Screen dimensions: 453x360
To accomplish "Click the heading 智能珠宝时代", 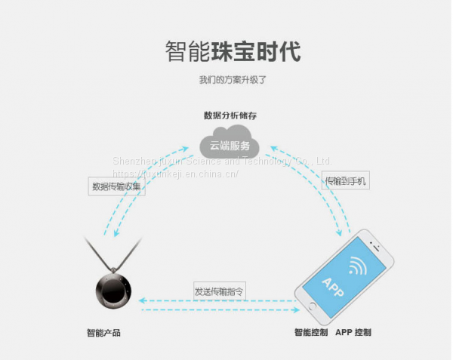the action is tap(233, 52).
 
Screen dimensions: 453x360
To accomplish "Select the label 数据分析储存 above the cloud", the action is tap(230, 115).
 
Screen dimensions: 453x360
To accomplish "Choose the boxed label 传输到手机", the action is tap(346, 180).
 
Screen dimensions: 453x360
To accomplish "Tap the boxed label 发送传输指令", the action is tap(219, 290).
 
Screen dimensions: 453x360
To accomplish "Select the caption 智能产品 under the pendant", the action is tap(103, 333).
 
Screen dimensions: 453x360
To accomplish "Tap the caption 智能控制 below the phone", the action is tap(311, 333).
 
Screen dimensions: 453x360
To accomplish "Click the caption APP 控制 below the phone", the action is tap(353, 333).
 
